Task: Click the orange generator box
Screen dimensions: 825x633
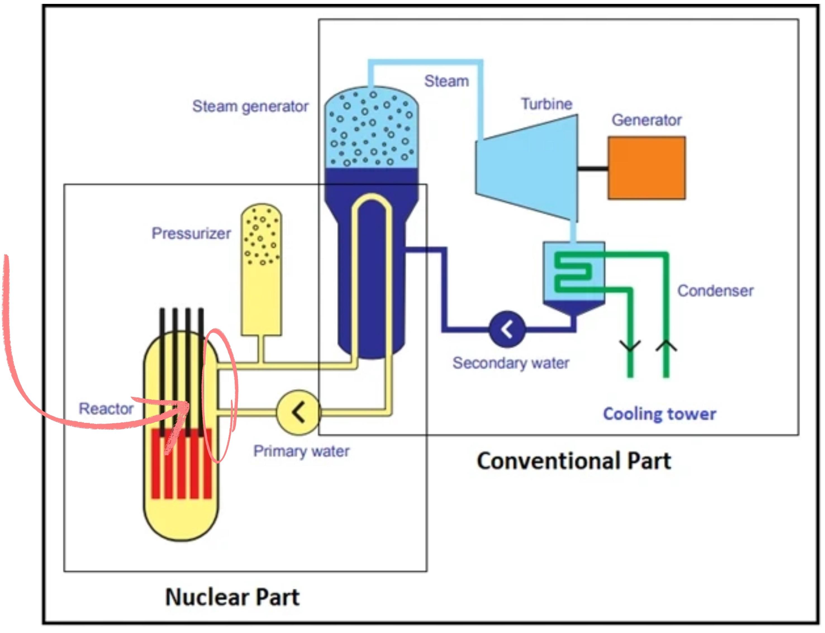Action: point(646,168)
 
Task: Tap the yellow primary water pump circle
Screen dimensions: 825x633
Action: point(298,412)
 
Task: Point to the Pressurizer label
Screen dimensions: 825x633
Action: point(191,233)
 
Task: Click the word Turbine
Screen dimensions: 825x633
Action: point(546,104)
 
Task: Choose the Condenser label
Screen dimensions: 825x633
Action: point(715,291)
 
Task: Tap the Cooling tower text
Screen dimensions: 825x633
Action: point(660,414)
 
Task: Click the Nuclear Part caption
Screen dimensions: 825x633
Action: point(232,597)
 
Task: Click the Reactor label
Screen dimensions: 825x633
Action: point(106,408)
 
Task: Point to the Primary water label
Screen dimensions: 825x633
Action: point(301,451)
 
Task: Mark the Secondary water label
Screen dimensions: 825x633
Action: point(511,363)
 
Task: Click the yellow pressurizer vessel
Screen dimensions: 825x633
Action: point(261,269)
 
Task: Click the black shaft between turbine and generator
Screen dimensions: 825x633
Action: point(593,168)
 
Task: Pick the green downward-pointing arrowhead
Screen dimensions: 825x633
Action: point(630,346)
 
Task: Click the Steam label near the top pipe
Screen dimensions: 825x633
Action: point(447,81)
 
